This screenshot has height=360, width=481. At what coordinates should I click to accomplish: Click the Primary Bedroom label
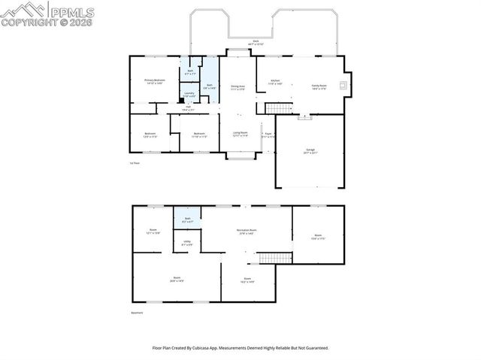154,81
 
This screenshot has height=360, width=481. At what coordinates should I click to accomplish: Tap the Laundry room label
190,95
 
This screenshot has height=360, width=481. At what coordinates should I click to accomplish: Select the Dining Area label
237,88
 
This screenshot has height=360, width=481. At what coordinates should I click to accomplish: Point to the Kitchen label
275,82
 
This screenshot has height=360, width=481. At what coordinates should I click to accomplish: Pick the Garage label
310,151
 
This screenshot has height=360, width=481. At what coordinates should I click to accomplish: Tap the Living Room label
239,135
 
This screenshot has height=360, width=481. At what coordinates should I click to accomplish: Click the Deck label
256,43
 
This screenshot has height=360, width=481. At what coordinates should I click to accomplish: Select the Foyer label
268,136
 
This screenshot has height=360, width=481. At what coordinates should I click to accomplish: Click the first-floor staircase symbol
279,109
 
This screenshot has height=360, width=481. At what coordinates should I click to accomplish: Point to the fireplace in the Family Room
344,85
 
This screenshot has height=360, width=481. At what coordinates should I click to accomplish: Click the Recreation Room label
247,231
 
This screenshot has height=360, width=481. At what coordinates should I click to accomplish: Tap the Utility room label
187,243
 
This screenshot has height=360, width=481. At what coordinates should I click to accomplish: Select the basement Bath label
188,220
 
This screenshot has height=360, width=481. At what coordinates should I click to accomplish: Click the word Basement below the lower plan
135,313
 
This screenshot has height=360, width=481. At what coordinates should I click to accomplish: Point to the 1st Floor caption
135,163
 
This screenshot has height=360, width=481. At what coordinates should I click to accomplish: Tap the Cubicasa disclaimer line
240,348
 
